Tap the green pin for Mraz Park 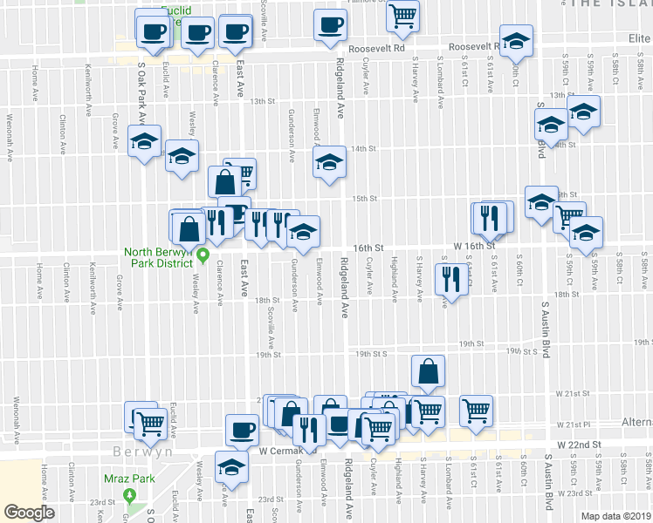click(x=131, y=496)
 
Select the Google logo click(x=29, y=513)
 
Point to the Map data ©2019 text click(x=615, y=516)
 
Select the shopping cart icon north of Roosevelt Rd click(x=403, y=15)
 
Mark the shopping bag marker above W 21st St click(x=428, y=371)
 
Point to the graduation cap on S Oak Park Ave click(x=145, y=141)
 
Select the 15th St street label click(x=364, y=199)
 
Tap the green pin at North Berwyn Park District click(x=203, y=255)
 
